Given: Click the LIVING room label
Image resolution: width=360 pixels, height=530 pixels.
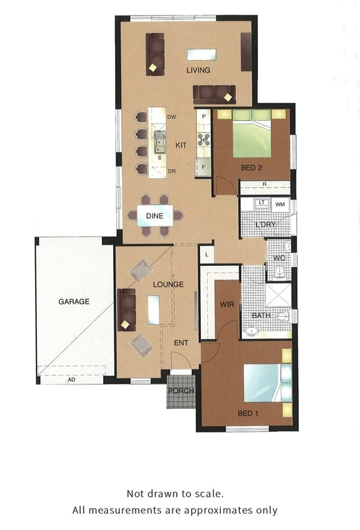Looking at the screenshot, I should pos(198,70).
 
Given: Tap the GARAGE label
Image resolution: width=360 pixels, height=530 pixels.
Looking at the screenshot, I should pos(73,302).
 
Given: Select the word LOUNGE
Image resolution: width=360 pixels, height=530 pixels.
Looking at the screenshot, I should pos(168,284).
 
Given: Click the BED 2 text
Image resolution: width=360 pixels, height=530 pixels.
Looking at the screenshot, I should pos(251,168).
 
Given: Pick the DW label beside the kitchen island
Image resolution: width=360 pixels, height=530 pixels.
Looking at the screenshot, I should pos(172,117).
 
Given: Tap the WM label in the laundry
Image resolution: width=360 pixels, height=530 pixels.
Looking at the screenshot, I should pos(280,205).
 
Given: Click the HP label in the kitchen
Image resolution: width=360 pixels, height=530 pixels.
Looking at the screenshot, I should pos(204,140).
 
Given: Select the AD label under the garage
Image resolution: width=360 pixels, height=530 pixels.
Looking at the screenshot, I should pos(71,380).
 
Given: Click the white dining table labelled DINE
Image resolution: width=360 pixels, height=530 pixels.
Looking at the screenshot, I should pos(155,216).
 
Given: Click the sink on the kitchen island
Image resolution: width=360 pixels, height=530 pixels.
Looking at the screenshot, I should pos(159,139).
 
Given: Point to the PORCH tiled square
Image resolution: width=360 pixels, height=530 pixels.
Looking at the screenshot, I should pos(180,391).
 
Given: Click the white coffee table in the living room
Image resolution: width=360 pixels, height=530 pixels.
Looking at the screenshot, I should pos(200,54).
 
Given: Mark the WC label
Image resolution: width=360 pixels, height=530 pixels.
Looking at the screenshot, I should pos(279,258).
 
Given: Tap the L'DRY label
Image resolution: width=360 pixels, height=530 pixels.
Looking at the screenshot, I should pos(265,225).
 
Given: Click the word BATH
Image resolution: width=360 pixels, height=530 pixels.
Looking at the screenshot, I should pos(261,315).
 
